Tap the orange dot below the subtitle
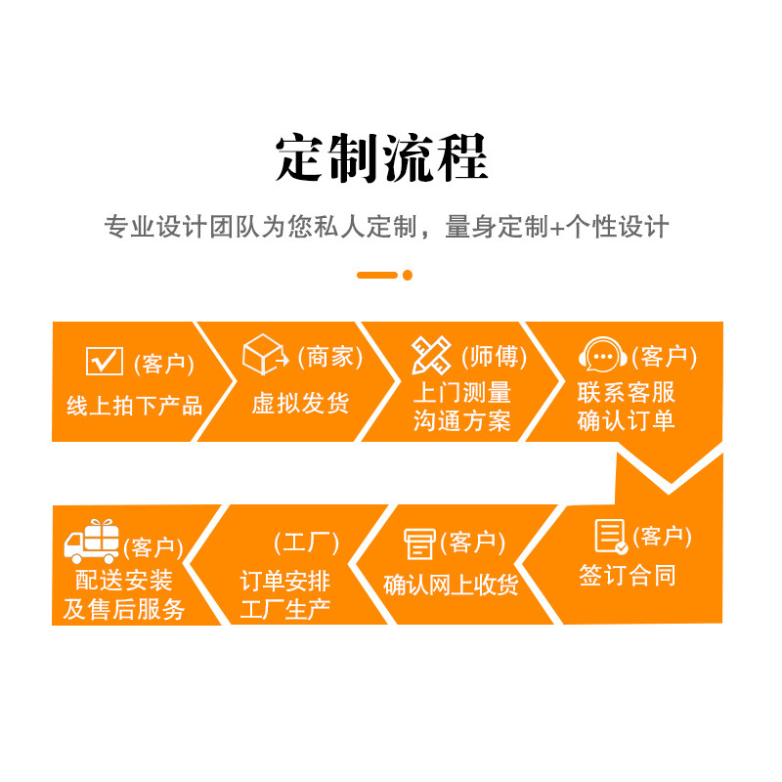point(408,275)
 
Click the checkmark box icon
point(105,362)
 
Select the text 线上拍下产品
point(134,406)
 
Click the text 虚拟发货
point(300,403)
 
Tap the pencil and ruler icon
point(431,356)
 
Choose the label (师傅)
point(495,358)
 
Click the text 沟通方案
point(461,422)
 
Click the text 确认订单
point(626,421)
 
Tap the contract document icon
point(611,537)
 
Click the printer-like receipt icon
point(420,543)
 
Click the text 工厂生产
point(285,609)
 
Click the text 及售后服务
point(124,609)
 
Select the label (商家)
point(330,358)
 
